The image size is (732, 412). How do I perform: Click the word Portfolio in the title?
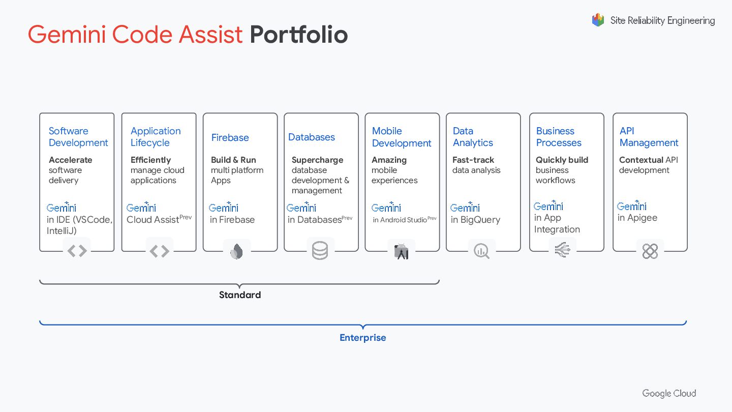point(298,35)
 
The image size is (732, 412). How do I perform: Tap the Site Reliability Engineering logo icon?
point(598,20)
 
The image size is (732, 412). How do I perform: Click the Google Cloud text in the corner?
point(669,393)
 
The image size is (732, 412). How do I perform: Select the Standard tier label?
point(240,295)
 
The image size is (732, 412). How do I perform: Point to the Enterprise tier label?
point(363,338)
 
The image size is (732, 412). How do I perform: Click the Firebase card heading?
point(230,137)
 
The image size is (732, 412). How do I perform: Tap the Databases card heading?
point(312,137)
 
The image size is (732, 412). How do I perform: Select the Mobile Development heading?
point(402,137)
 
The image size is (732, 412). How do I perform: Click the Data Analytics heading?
point(473,137)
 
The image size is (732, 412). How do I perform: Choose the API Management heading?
point(649,137)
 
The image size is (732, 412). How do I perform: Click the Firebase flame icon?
point(237,251)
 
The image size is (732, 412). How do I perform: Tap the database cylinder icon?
point(320,251)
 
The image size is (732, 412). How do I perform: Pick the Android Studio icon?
point(402,251)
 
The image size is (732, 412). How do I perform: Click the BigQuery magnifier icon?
point(481,251)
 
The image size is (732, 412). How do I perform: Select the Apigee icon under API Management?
point(650,251)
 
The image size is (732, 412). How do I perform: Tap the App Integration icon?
point(563,250)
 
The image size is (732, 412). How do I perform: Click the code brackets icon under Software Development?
point(77,251)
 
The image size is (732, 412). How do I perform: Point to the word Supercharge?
point(317,160)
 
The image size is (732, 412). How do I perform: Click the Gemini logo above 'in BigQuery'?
point(465,207)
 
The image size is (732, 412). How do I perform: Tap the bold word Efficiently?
point(150,160)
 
